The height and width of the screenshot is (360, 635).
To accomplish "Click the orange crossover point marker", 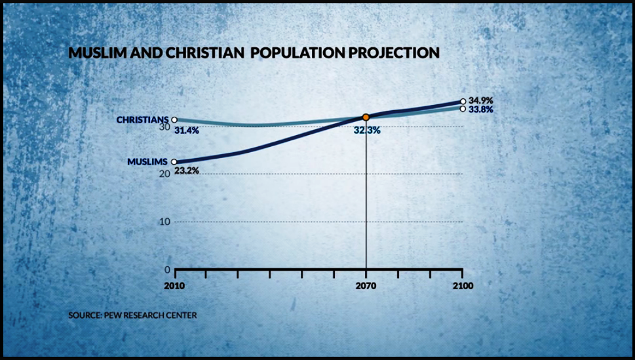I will click(x=366, y=117).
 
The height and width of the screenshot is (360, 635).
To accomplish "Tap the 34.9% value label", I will click(x=480, y=100).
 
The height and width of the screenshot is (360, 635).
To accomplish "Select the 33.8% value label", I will click(x=480, y=110).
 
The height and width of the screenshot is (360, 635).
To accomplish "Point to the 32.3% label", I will click(x=366, y=130).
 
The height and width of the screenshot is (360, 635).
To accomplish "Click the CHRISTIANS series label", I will click(x=142, y=120).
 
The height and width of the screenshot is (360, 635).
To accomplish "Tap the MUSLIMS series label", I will click(x=148, y=161).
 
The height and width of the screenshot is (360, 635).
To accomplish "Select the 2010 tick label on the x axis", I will click(x=174, y=287).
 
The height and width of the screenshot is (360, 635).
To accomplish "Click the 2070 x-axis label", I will click(x=366, y=287).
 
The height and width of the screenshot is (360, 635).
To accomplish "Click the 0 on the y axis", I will click(x=167, y=270).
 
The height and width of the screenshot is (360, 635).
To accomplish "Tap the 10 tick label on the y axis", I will click(x=164, y=222).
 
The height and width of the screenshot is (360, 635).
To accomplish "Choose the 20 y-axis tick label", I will click(x=164, y=174).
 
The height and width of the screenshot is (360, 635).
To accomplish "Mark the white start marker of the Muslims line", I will click(x=174, y=161).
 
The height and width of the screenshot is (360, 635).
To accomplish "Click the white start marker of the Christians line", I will click(x=174, y=120).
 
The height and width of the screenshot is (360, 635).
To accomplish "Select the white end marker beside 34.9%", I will click(x=463, y=102).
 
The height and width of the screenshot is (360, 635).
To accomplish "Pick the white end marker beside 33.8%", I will click(x=463, y=108).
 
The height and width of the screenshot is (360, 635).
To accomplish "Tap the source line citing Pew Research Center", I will click(x=132, y=315).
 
